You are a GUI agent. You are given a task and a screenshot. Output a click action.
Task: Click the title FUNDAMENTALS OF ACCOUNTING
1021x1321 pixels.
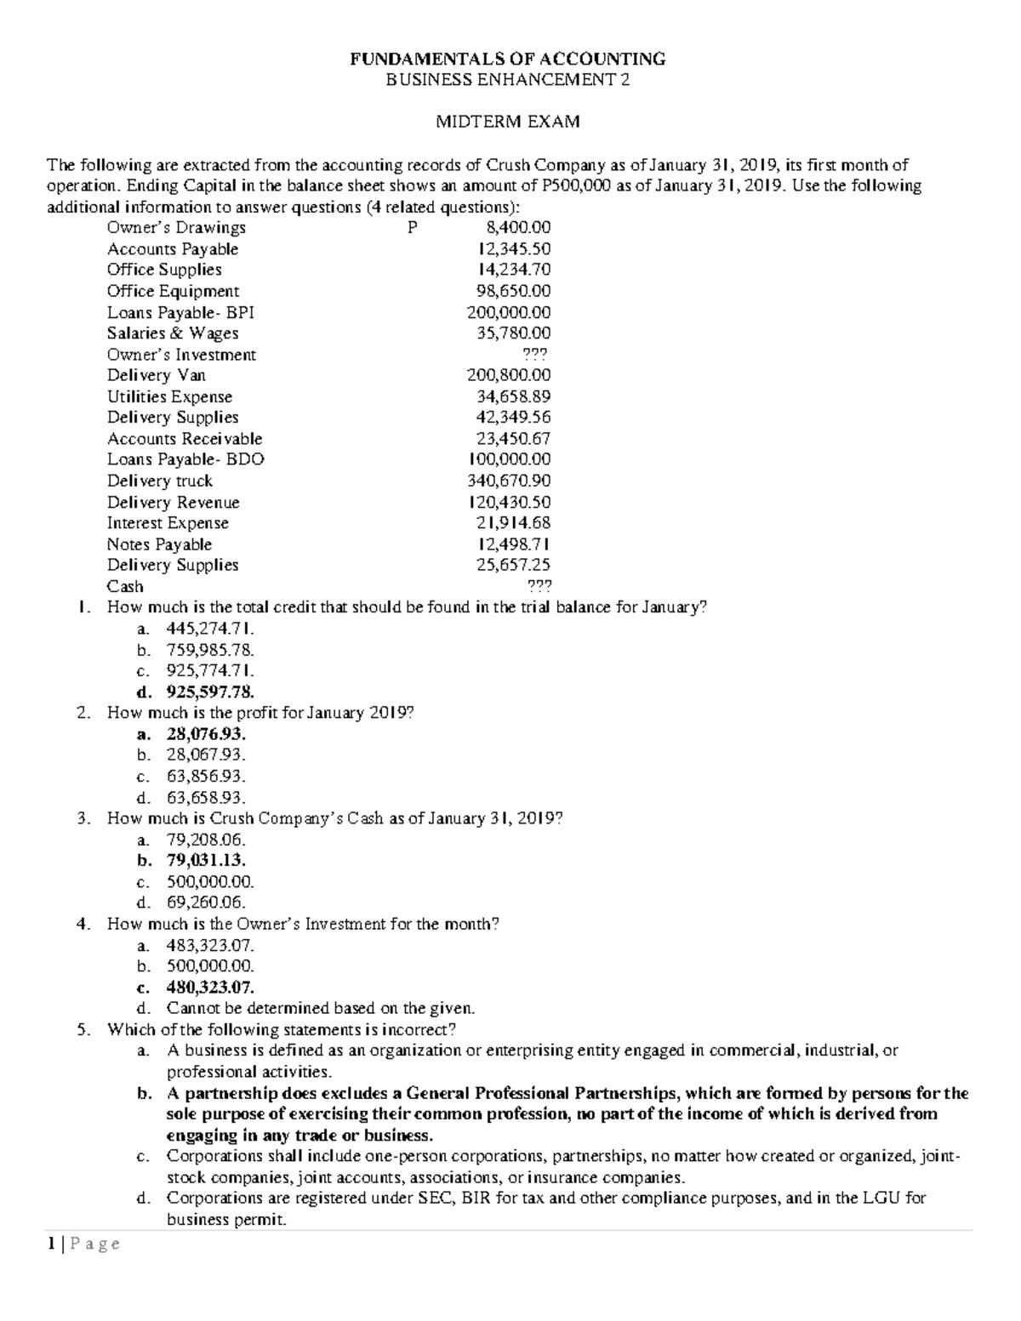click(x=509, y=59)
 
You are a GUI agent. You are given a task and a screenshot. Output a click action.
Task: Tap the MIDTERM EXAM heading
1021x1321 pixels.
click(x=508, y=122)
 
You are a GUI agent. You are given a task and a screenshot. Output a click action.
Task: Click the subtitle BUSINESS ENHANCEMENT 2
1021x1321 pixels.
click(x=509, y=80)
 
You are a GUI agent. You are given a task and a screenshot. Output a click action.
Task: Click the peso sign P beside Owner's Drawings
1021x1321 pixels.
click(x=413, y=228)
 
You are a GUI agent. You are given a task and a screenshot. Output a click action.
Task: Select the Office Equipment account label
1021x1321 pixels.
click(x=173, y=291)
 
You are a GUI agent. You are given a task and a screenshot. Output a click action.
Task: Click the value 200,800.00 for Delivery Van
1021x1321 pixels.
click(x=509, y=375)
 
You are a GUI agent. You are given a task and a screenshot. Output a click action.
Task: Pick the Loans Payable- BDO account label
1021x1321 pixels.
click(x=185, y=459)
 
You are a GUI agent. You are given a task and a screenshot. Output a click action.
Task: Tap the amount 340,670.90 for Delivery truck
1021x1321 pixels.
click(x=509, y=481)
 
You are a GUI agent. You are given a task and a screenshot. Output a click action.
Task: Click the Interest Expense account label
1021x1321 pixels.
click(x=168, y=523)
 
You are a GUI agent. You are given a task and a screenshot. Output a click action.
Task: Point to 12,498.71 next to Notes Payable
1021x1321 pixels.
click(x=513, y=544)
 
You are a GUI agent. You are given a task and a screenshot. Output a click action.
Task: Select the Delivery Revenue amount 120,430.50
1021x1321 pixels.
click(x=510, y=503)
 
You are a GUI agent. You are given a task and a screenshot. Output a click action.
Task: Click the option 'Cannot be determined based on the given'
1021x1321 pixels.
click(x=320, y=1009)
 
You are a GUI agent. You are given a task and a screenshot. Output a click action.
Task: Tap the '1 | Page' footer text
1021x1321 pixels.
click(x=83, y=1244)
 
